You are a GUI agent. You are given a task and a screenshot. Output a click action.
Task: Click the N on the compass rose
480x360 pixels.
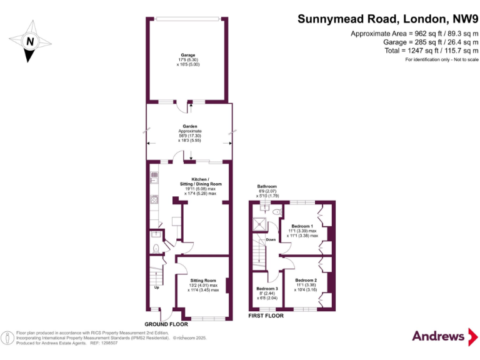pyautogui.click(x=29, y=42)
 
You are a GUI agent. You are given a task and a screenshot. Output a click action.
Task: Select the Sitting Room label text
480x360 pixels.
pyautogui.click(x=203, y=281)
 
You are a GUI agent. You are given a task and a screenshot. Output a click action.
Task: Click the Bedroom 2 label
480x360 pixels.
pyautogui.click(x=306, y=280)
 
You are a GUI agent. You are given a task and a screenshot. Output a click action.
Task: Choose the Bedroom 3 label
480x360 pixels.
pyautogui.click(x=267, y=288)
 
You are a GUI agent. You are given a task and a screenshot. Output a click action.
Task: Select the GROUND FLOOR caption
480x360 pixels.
pyautogui.click(x=166, y=324)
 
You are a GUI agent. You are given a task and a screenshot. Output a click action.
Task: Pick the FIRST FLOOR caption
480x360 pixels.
pyautogui.click(x=266, y=316)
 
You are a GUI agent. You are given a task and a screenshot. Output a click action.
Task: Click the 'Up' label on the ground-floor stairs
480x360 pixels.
pyautogui.click(x=156, y=287)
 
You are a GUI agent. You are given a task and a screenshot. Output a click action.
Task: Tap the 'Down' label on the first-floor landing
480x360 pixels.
pyautogui.click(x=271, y=239)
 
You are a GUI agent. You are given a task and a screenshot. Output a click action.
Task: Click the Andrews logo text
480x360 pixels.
pyautogui.click(x=438, y=336)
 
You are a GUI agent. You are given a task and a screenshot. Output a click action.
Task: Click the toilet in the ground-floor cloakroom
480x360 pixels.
pyautogui.click(x=157, y=247)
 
